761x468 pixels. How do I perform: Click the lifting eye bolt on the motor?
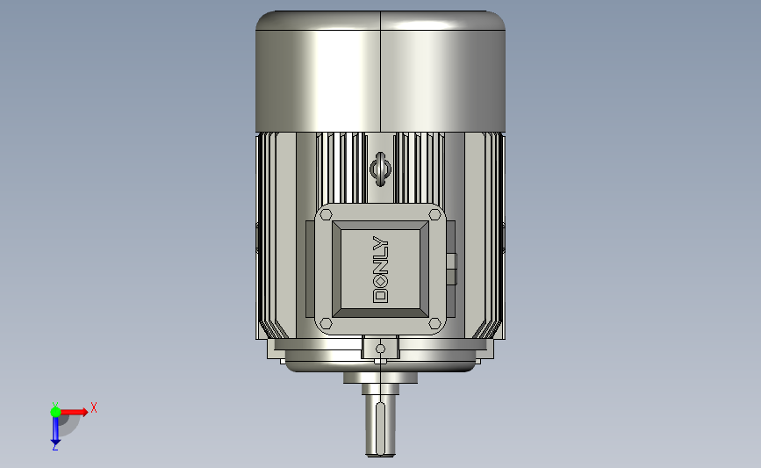coord(381,169)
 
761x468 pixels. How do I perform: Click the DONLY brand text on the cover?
coord(381,270)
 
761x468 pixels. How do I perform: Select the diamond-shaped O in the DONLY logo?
coord(381,282)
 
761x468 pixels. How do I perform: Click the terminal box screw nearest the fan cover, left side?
coord(327,214)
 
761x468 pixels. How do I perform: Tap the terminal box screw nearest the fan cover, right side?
coord(434,214)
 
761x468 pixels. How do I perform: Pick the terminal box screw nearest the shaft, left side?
coord(327,323)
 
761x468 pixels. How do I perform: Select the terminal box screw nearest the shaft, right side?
coord(434,323)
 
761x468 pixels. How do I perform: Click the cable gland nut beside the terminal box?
coord(451,269)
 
